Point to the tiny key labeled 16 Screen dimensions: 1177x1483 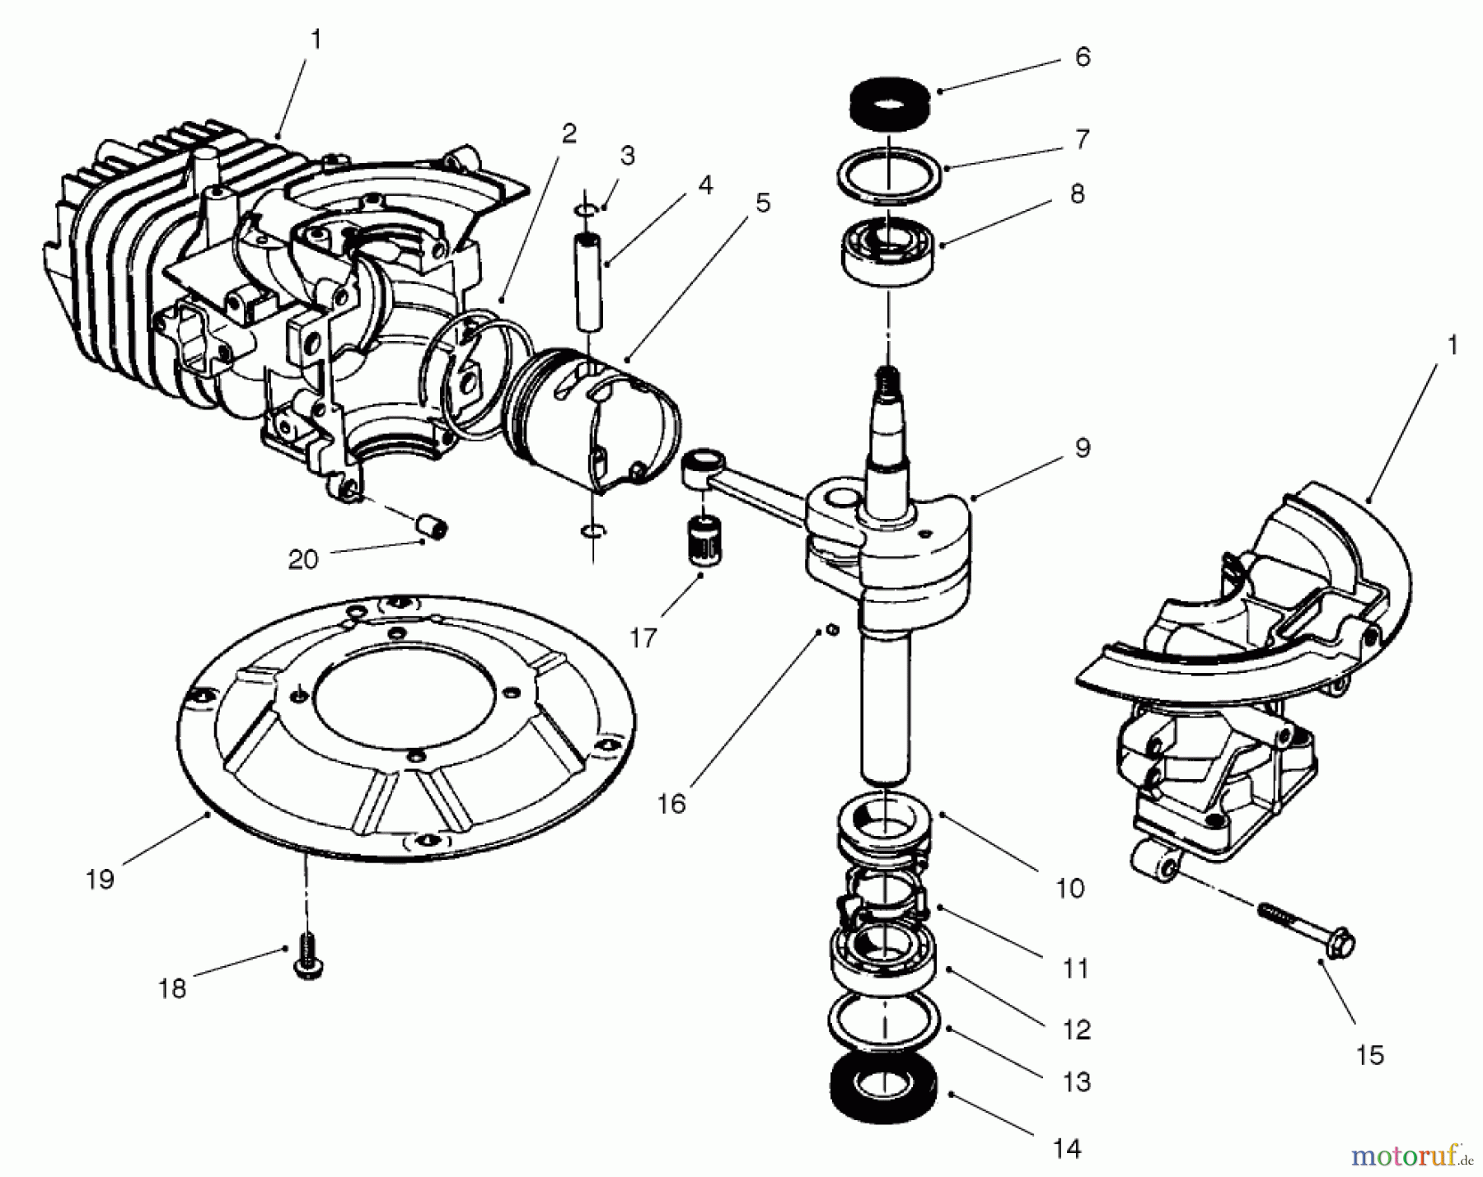832,630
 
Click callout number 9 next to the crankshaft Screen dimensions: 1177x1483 1082,449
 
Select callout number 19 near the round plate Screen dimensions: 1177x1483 100,880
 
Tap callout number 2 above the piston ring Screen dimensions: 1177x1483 569,133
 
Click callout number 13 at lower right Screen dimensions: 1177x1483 1076,1081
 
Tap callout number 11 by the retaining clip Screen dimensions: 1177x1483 1075,969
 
